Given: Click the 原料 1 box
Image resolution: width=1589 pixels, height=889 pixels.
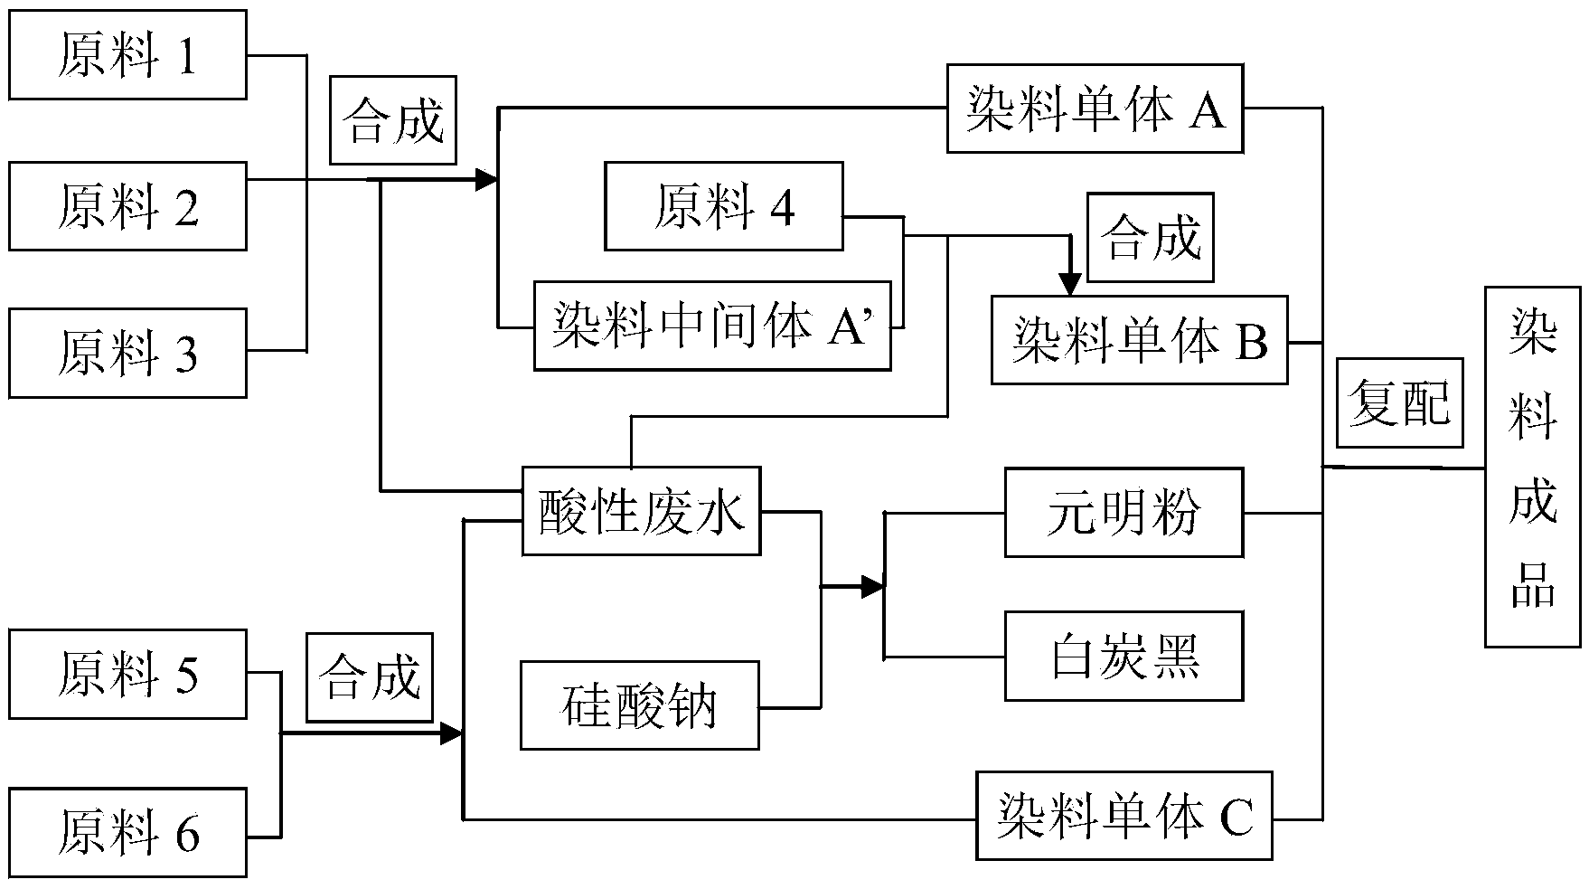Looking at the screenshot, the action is pyautogui.click(x=127, y=55).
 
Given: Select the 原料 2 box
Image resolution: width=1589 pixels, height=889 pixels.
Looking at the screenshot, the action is pyautogui.click(x=127, y=206).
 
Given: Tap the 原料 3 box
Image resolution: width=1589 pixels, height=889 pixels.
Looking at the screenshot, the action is pyautogui.click(x=127, y=353).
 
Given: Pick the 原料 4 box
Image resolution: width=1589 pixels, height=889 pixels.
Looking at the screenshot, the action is pyautogui.click(x=724, y=206).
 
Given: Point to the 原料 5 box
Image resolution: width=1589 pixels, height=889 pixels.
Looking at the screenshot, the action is pyautogui.click(x=127, y=675).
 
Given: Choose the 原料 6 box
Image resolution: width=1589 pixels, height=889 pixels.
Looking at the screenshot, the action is pyautogui.click(x=127, y=833).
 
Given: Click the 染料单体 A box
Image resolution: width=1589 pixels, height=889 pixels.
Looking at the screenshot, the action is pyautogui.click(x=1095, y=109).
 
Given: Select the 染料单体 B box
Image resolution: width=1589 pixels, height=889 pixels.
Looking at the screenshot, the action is pyautogui.click(x=1140, y=340).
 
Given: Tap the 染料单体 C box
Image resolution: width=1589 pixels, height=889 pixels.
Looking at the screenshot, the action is pyautogui.click(x=1124, y=816).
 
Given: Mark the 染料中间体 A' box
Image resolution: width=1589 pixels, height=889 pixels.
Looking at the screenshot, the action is pyautogui.click(x=712, y=326).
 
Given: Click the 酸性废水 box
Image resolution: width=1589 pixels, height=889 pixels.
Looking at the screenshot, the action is pyautogui.click(x=642, y=511).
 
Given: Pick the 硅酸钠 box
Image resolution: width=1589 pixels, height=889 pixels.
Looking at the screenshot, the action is pyautogui.click(x=640, y=705).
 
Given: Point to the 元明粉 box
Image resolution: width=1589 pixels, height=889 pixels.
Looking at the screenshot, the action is pyautogui.click(x=1124, y=512).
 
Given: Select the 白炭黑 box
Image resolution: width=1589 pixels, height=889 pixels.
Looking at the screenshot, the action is pyautogui.click(x=1124, y=656).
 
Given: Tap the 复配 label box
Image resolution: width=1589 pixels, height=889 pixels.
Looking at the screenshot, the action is pyautogui.click(x=1399, y=402).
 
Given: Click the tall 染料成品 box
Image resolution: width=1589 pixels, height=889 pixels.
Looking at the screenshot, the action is pyautogui.click(x=1533, y=467).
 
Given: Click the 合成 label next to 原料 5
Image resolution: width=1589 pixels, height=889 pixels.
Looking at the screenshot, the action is pyautogui.click(x=370, y=676).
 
